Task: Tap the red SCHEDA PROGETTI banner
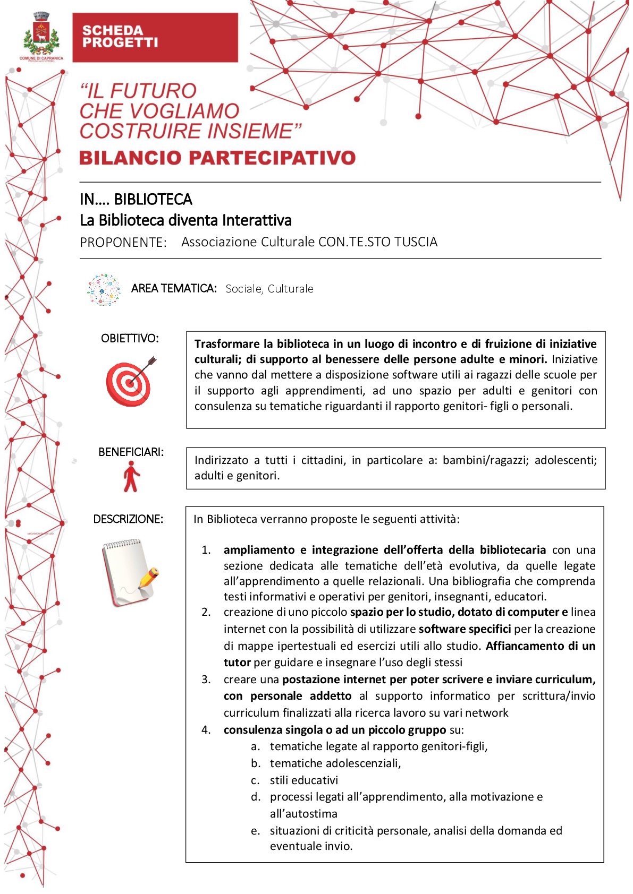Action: point(155,38)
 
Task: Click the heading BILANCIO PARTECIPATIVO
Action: point(217,158)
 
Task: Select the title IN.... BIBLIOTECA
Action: point(136,199)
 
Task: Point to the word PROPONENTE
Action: point(123,243)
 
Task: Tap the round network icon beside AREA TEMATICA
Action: point(104,290)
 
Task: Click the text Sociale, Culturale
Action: point(269,289)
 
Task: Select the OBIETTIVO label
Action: point(130,338)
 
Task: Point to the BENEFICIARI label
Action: point(131,452)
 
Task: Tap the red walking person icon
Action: point(131,476)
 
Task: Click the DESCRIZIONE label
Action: point(128,519)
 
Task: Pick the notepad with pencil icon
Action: point(129,572)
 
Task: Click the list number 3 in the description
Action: point(206,680)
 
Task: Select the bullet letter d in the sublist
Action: point(256,797)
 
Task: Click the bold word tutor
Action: point(237,663)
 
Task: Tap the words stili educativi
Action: point(303,780)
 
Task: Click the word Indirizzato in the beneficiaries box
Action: point(221,460)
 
